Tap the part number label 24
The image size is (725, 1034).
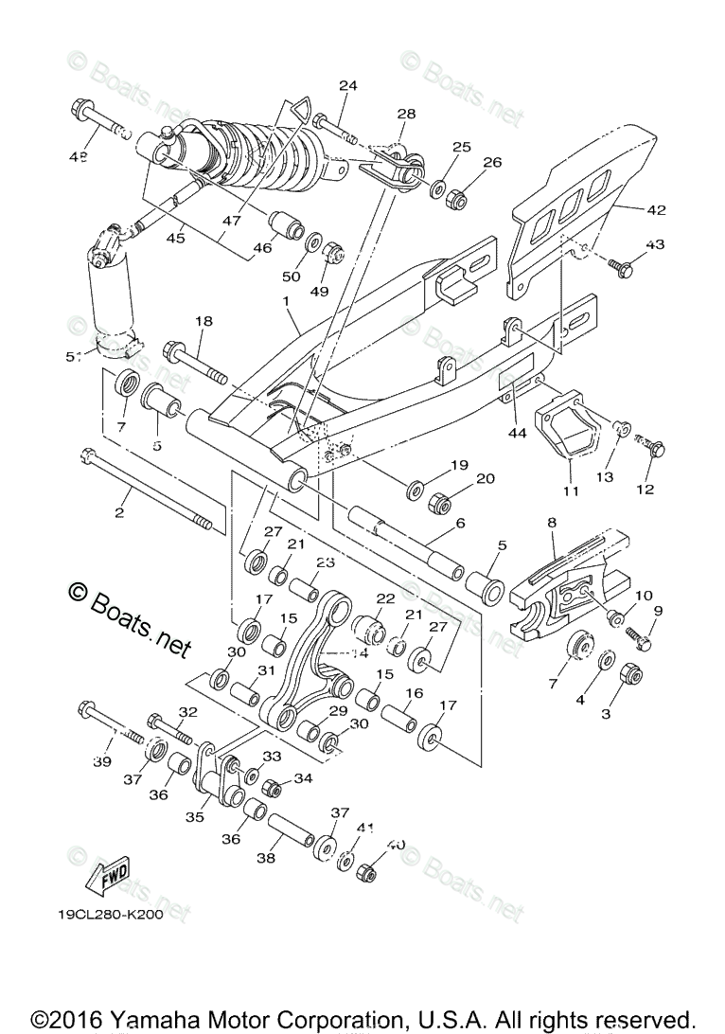tap(348, 85)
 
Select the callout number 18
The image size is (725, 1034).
tap(203, 321)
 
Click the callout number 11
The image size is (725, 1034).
tap(571, 490)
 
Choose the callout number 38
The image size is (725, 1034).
tap(267, 859)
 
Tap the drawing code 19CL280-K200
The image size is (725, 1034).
tap(110, 916)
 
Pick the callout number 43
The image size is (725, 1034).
tap(655, 244)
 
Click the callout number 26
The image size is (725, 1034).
tap(492, 162)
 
